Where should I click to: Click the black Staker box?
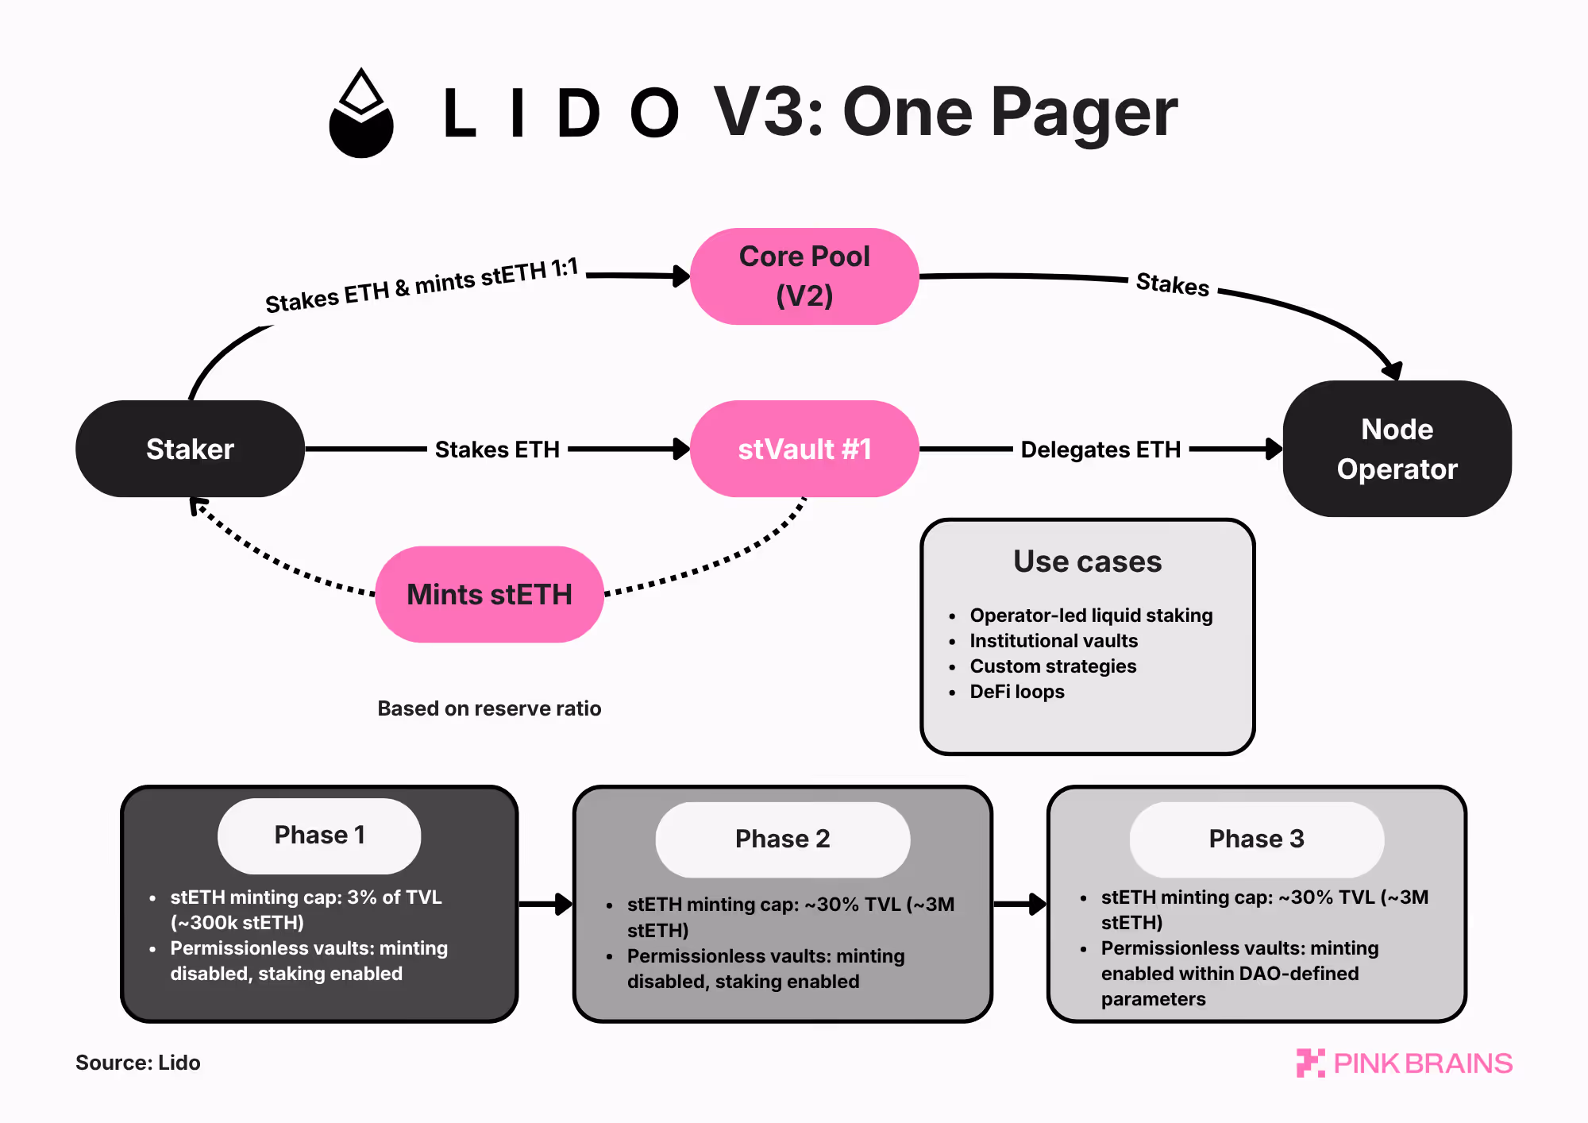pyautogui.click(x=190, y=449)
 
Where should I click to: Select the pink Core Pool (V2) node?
pyautogui.click(x=804, y=276)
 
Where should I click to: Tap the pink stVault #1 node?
pyautogui.click(x=804, y=449)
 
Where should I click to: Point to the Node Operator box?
pyautogui.click(x=1397, y=449)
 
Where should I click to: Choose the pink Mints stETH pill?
pyautogui.click(x=489, y=594)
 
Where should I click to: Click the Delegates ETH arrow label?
pyautogui.click(x=1100, y=450)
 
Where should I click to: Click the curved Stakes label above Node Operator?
pyautogui.click(x=1172, y=284)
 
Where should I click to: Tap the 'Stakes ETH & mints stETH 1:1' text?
pyautogui.click(x=422, y=287)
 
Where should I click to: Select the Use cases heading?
pyautogui.click(x=1087, y=561)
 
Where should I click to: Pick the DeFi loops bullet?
pyautogui.click(x=1016, y=692)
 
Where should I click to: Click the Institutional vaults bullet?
pyautogui.click(x=1053, y=641)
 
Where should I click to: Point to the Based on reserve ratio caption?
pyautogui.click(x=489, y=708)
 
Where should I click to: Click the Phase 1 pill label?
pyautogui.click(x=319, y=835)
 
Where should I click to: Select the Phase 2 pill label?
pyautogui.click(x=782, y=839)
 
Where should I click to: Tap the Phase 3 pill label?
pyautogui.click(x=1256, y=839)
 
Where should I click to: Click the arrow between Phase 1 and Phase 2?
pyautogui.click(x=546, y=904)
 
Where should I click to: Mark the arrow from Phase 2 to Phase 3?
pyautogui.click(x=1020, y=904)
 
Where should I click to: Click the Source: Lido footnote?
pyautogui.click(x=137, y=1063)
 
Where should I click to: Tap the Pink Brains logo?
pyautogui.click(x=1405, y=1063)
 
